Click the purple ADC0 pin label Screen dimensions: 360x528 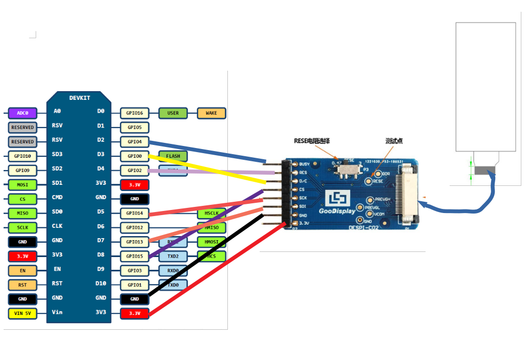[23, 113]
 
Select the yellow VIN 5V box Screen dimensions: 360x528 [23, 313]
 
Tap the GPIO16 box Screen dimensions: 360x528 [135, 113]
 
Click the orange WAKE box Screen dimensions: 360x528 [211, 113]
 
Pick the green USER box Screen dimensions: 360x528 [173, 113]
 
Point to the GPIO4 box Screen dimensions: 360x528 [135, 142]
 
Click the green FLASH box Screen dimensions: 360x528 [173, 156]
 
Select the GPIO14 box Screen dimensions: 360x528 [135, 213]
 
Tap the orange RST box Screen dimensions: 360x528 [23, 285]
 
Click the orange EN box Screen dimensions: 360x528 [23, 270]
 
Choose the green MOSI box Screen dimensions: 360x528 [23, 184]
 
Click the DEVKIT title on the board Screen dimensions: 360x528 [79, 98]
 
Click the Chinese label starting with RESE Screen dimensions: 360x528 [312, 141]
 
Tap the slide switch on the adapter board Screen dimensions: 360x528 [351, 169]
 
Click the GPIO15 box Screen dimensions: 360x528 [135, 256]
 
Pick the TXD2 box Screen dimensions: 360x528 [173, 256]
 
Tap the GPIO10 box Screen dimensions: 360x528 [23, 156]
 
